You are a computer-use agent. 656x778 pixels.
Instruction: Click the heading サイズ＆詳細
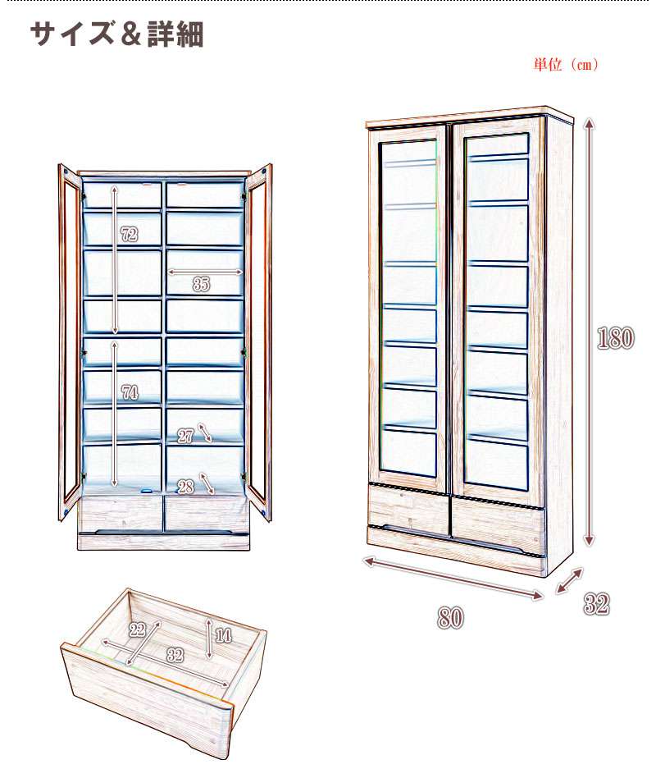tap(116, 34)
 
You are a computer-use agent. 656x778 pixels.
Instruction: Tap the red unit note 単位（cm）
tap(565, 65)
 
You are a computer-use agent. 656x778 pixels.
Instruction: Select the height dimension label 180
tap(616, 338)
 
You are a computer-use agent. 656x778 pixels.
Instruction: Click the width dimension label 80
tap(450, 618)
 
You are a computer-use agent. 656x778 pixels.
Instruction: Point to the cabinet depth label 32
tap(597, 605)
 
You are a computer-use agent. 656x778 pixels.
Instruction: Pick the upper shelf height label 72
tap(128, 235)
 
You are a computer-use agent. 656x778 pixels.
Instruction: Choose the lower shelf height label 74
tap(129, 392)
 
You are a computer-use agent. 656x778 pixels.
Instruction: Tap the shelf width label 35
tap(201, 285)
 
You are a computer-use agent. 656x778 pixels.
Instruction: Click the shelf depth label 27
tap(185, 436)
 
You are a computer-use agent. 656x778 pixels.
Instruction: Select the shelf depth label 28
tap(185, 486)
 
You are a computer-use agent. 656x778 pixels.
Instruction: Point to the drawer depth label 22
tap(137, 630)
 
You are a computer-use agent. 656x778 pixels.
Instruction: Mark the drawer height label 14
tap(223, 634)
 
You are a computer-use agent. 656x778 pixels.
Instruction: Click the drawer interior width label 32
tap(174, 655)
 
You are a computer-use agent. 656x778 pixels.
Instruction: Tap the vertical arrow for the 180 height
tap(589, 332)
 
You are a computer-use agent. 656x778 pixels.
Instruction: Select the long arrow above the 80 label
tap(453, 578)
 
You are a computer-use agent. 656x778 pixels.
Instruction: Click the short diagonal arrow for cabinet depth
tap(569, 580)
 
